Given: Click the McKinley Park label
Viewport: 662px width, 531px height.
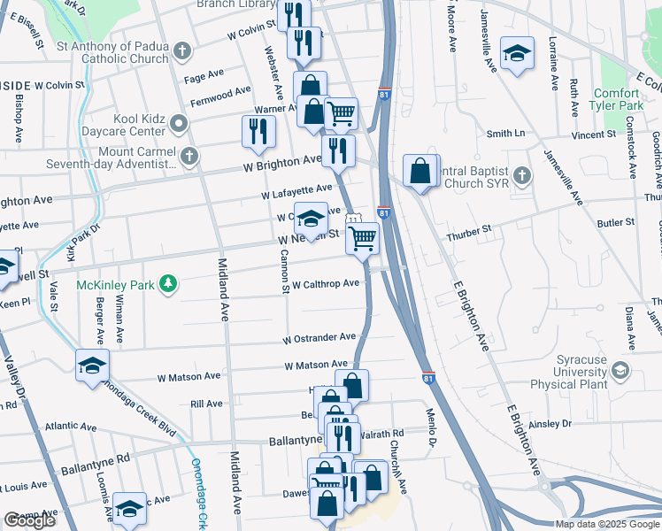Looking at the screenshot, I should (x=115, y=284).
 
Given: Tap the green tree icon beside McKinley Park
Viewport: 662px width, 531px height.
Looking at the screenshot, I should (x=164, y=284).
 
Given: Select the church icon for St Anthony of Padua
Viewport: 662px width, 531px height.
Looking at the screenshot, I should (x=181, y=50).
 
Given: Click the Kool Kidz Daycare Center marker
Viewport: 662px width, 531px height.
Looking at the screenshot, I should (x=180, y=123).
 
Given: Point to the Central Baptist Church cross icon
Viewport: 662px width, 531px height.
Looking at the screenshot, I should (x=521, y=176).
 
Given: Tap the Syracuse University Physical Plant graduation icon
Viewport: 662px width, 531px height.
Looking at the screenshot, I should (x=620, y=370).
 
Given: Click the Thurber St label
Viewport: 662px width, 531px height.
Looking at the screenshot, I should (x=468, y=230).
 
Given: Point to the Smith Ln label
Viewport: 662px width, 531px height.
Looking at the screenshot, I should (x=505, y=134).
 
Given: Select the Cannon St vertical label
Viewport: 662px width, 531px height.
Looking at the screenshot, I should (x=285, y=271).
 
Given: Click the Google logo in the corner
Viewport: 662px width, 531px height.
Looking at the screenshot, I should (x=30, y=520).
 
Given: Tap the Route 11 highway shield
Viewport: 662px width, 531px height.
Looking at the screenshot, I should (x=353, y=219).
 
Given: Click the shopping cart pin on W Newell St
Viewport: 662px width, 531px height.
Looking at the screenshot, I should (x=362, y=237).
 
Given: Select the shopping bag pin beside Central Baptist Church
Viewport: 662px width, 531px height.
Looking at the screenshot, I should (x=420, y=170).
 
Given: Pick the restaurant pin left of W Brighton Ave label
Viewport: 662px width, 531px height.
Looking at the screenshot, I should (x=258, y=131).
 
